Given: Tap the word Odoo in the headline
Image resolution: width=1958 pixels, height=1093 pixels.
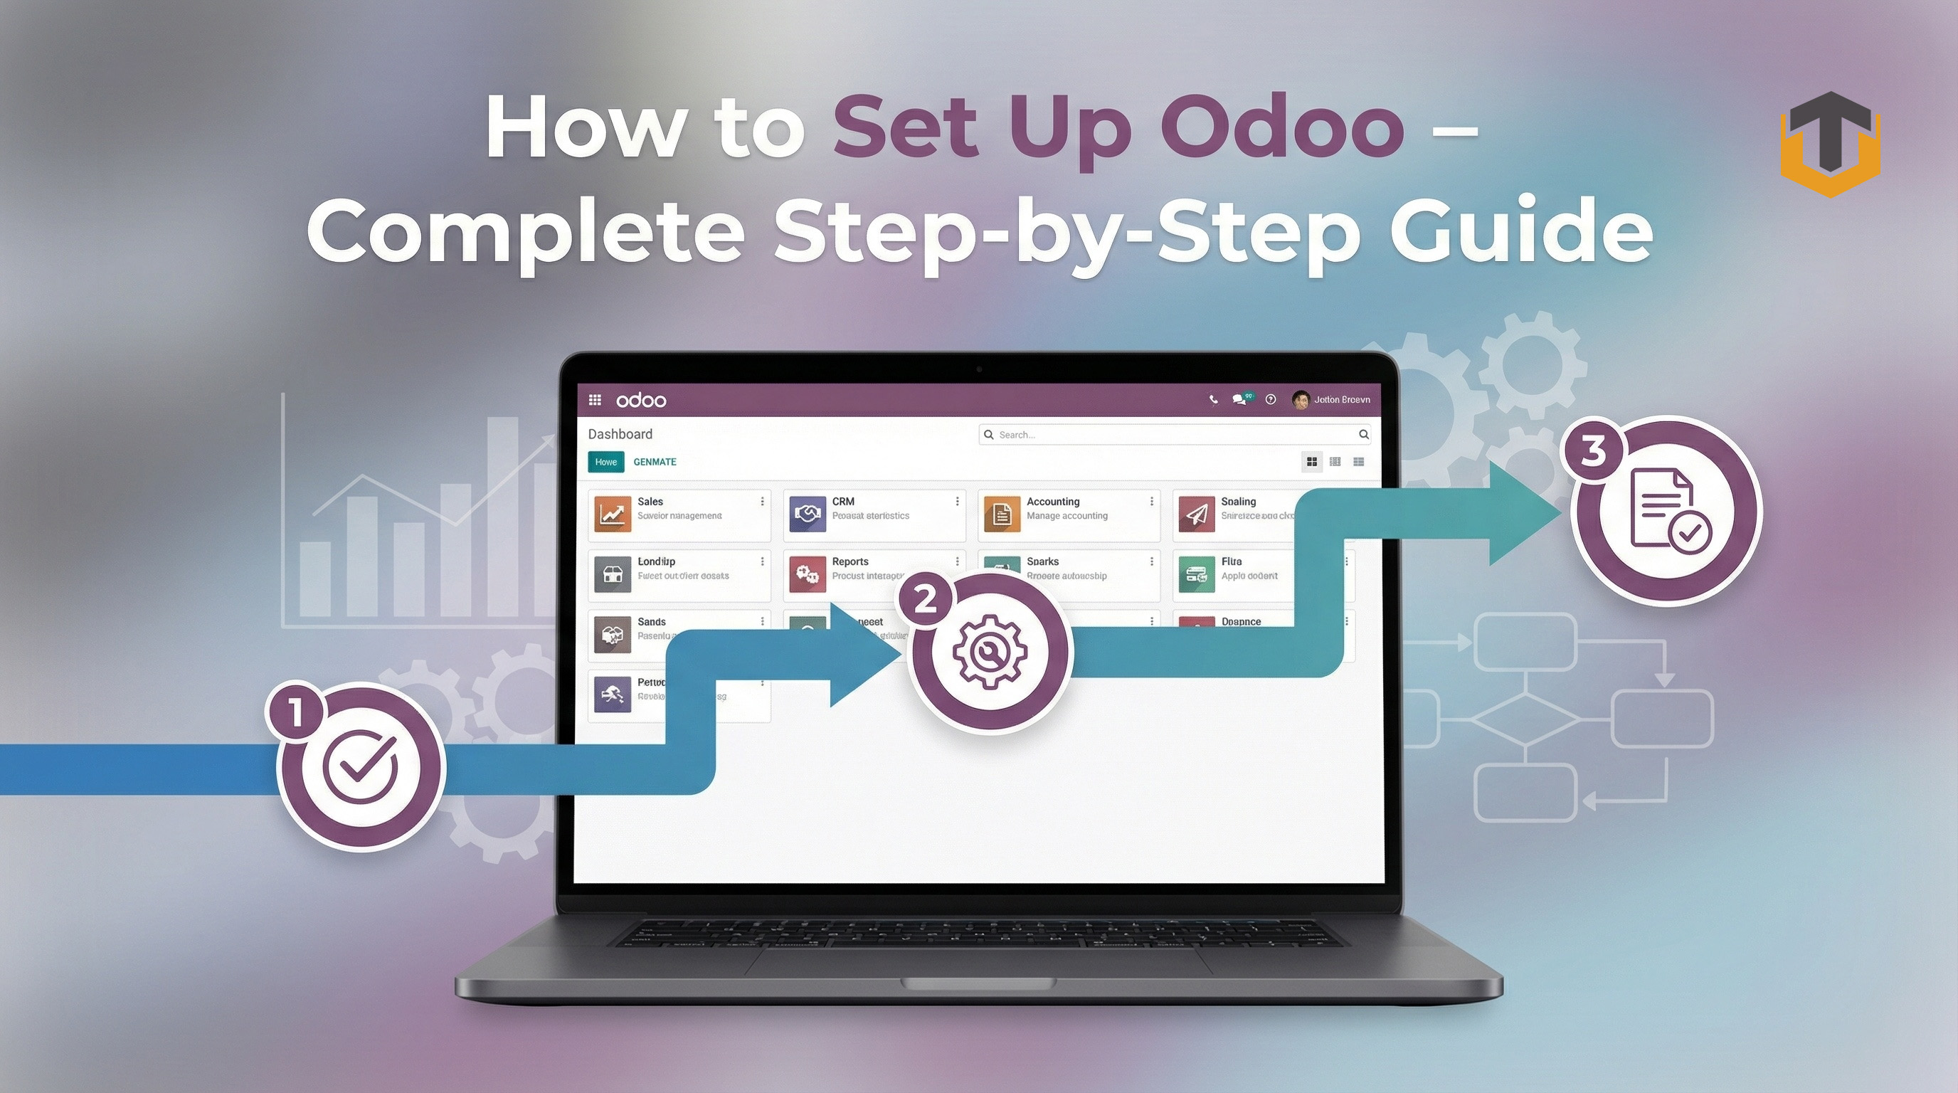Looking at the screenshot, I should [1281, 127].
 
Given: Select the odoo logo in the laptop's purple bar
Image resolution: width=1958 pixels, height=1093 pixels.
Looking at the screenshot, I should [641, 400].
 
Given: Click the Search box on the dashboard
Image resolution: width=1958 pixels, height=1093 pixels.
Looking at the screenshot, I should [1175, 434].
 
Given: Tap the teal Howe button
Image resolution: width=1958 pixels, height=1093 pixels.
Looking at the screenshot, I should [605, 461].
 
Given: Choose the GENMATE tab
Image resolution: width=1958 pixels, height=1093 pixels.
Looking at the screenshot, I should [655, 461].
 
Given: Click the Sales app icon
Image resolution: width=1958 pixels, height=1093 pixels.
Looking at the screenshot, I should [613, 514].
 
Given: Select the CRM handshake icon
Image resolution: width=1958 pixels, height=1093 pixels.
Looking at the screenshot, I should [808, 514].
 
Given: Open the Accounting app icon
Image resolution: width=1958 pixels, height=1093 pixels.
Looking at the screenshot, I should [1002, 514].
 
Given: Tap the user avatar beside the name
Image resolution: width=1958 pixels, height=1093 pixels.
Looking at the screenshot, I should [1301, 400].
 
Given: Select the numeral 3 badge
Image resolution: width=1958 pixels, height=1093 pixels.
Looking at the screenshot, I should [1594, 450].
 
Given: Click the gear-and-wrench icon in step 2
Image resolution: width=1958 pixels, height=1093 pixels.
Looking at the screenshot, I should [990, 651].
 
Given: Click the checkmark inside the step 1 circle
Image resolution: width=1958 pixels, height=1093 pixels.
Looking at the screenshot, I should [359, 766].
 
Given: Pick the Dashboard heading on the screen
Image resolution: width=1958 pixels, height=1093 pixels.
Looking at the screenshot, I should [620, 434].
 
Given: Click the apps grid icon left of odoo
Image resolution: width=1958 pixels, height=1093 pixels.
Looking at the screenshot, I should [594, 400].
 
